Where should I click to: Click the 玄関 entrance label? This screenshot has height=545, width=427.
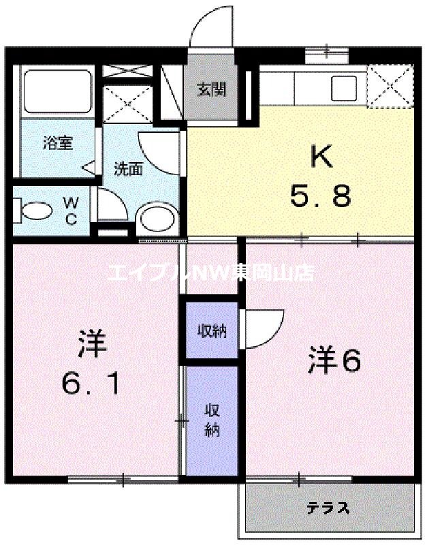(x=211, y=89)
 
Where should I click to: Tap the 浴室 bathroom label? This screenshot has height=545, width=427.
(x=58, y=144)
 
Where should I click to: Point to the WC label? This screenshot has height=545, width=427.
(x=71, y=210)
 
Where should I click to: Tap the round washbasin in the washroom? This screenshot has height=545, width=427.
(x=156, y=219)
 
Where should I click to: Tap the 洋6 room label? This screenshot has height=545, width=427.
(x=334, y=362)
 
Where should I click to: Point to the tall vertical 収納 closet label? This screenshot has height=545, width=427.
(x=212, y=420)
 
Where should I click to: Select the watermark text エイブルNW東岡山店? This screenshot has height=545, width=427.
(x=210, y=272)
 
